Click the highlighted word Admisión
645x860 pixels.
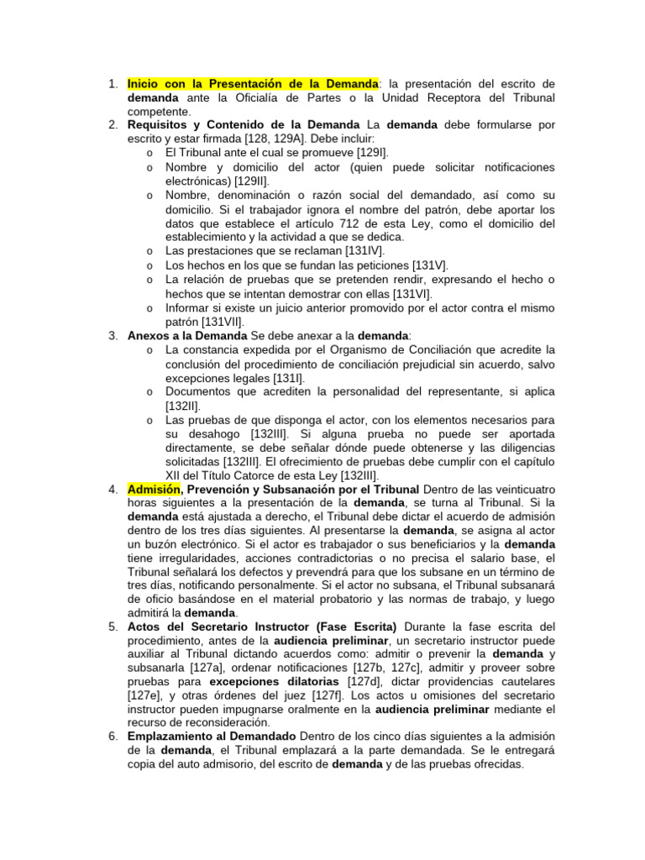[x=154, y=489]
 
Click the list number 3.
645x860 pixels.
[x=113, y=335]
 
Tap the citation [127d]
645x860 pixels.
[x=362, y=680]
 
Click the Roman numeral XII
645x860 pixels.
[x=175, y=475]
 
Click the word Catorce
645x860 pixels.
[x=282, y=475]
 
